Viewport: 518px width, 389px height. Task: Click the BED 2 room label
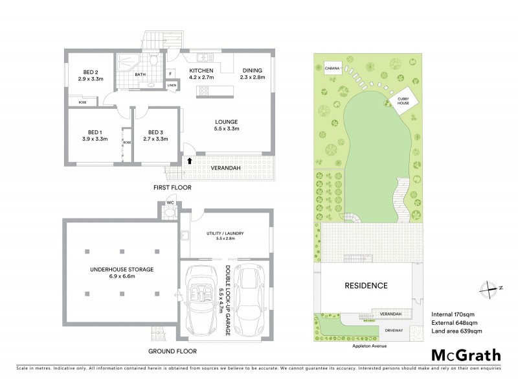coord(90,71)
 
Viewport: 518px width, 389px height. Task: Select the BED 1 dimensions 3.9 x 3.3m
coord(94,139)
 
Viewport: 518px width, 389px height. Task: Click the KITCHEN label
coord(201,70)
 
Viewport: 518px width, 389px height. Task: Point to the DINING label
coord(253,70)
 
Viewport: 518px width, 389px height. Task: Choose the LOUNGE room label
coord(227,121)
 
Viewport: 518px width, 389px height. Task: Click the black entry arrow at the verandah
coord(190,159)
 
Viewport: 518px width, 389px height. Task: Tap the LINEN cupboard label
coord(172,85)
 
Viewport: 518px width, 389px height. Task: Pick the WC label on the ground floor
coord(170,202)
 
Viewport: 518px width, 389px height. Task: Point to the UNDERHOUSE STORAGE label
coord(121,269)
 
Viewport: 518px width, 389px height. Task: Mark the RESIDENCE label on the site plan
coord(365,285)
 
